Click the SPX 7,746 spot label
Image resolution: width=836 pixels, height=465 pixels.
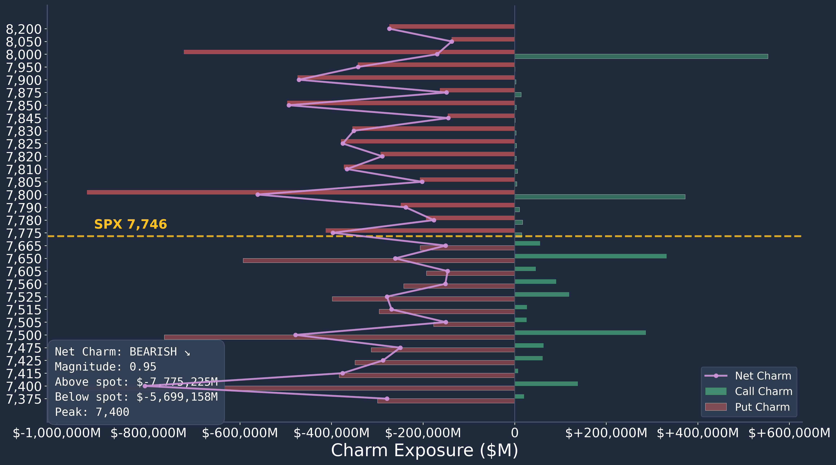click(130, 224)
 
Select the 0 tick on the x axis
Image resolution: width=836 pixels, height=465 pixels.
click(514, 433)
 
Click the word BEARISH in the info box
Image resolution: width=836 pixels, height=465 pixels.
click(153, 352)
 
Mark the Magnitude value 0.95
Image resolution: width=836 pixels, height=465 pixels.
click(143, 367)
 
